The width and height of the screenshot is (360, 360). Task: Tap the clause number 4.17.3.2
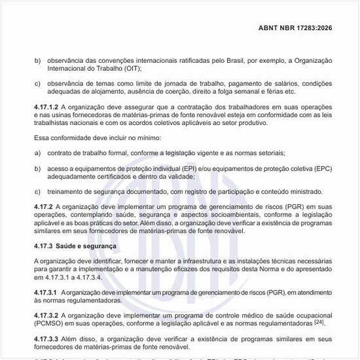point(47,314)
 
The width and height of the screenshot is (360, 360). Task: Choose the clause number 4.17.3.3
point(47,338)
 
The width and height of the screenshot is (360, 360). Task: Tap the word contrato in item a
point(59,153)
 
